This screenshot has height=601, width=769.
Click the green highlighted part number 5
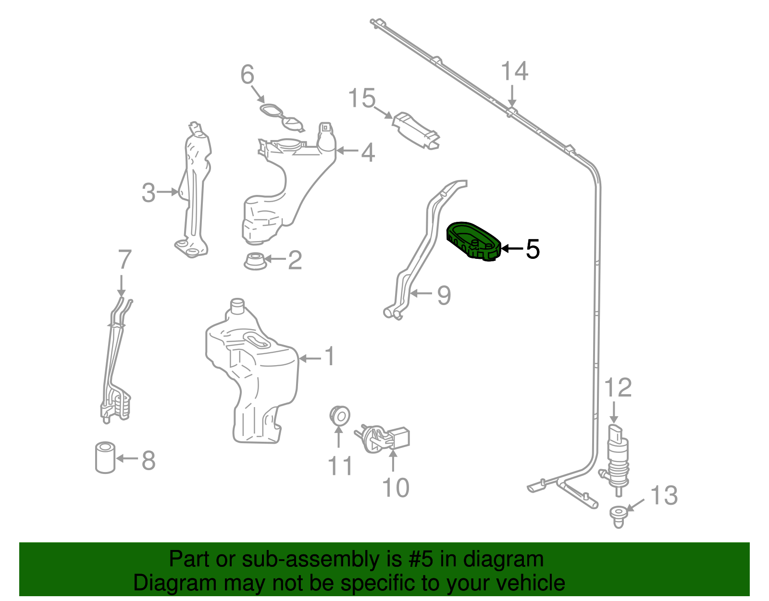coord(473,241)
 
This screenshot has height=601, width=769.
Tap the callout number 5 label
coord(533,249)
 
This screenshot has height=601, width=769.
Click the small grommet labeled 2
coord(255,261)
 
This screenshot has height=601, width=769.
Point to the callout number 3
coord(149,193)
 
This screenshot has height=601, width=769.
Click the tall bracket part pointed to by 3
coord(194,192)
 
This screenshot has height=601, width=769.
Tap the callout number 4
coord(368,153)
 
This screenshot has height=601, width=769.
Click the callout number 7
coord(124,260)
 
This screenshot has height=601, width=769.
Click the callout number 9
coord(444,294)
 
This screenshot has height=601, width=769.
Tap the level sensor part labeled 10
coord(384,438)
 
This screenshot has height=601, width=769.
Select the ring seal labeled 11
coord(340,415)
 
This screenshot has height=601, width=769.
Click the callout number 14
coord(514,72)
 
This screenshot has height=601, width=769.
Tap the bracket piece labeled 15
coord(416,130)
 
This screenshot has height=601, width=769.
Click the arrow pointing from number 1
coord(310,358)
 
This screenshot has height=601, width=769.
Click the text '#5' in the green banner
coord(421,560)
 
